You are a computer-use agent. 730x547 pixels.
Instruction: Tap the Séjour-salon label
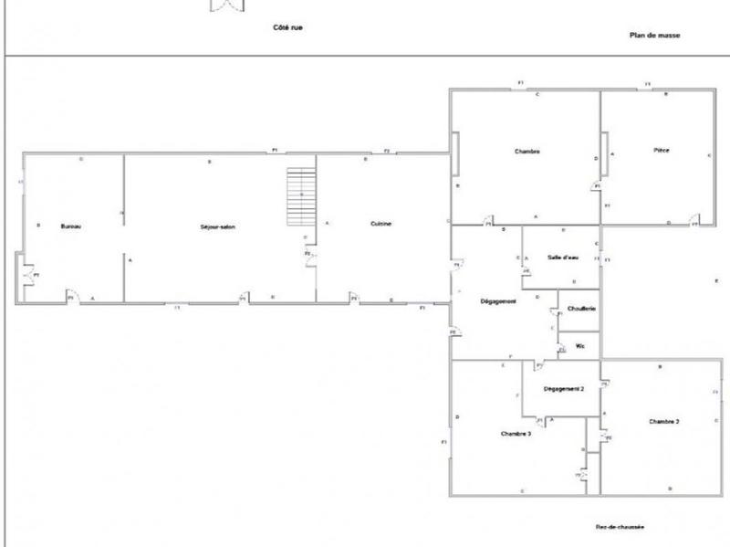(x=218, y=226)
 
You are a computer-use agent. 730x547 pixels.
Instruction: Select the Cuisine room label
(x=381, y=224)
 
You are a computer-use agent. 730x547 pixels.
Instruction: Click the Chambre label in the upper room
(x=527, y=152)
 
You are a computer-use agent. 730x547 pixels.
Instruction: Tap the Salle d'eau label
(x=563, y=258)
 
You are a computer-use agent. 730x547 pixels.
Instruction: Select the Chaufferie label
(x=581, y=310)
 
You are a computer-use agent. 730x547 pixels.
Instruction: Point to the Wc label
(x=579, y=346)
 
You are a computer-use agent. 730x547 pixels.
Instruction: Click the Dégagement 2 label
(x=563, y=388)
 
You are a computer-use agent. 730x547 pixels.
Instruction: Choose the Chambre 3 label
(x=516, y=434)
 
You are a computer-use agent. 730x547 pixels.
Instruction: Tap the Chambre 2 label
(x=664, y=422)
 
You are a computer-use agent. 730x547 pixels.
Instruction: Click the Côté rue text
(x=287, y=27)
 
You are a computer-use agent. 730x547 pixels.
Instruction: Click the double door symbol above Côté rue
(x=228, y=5)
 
